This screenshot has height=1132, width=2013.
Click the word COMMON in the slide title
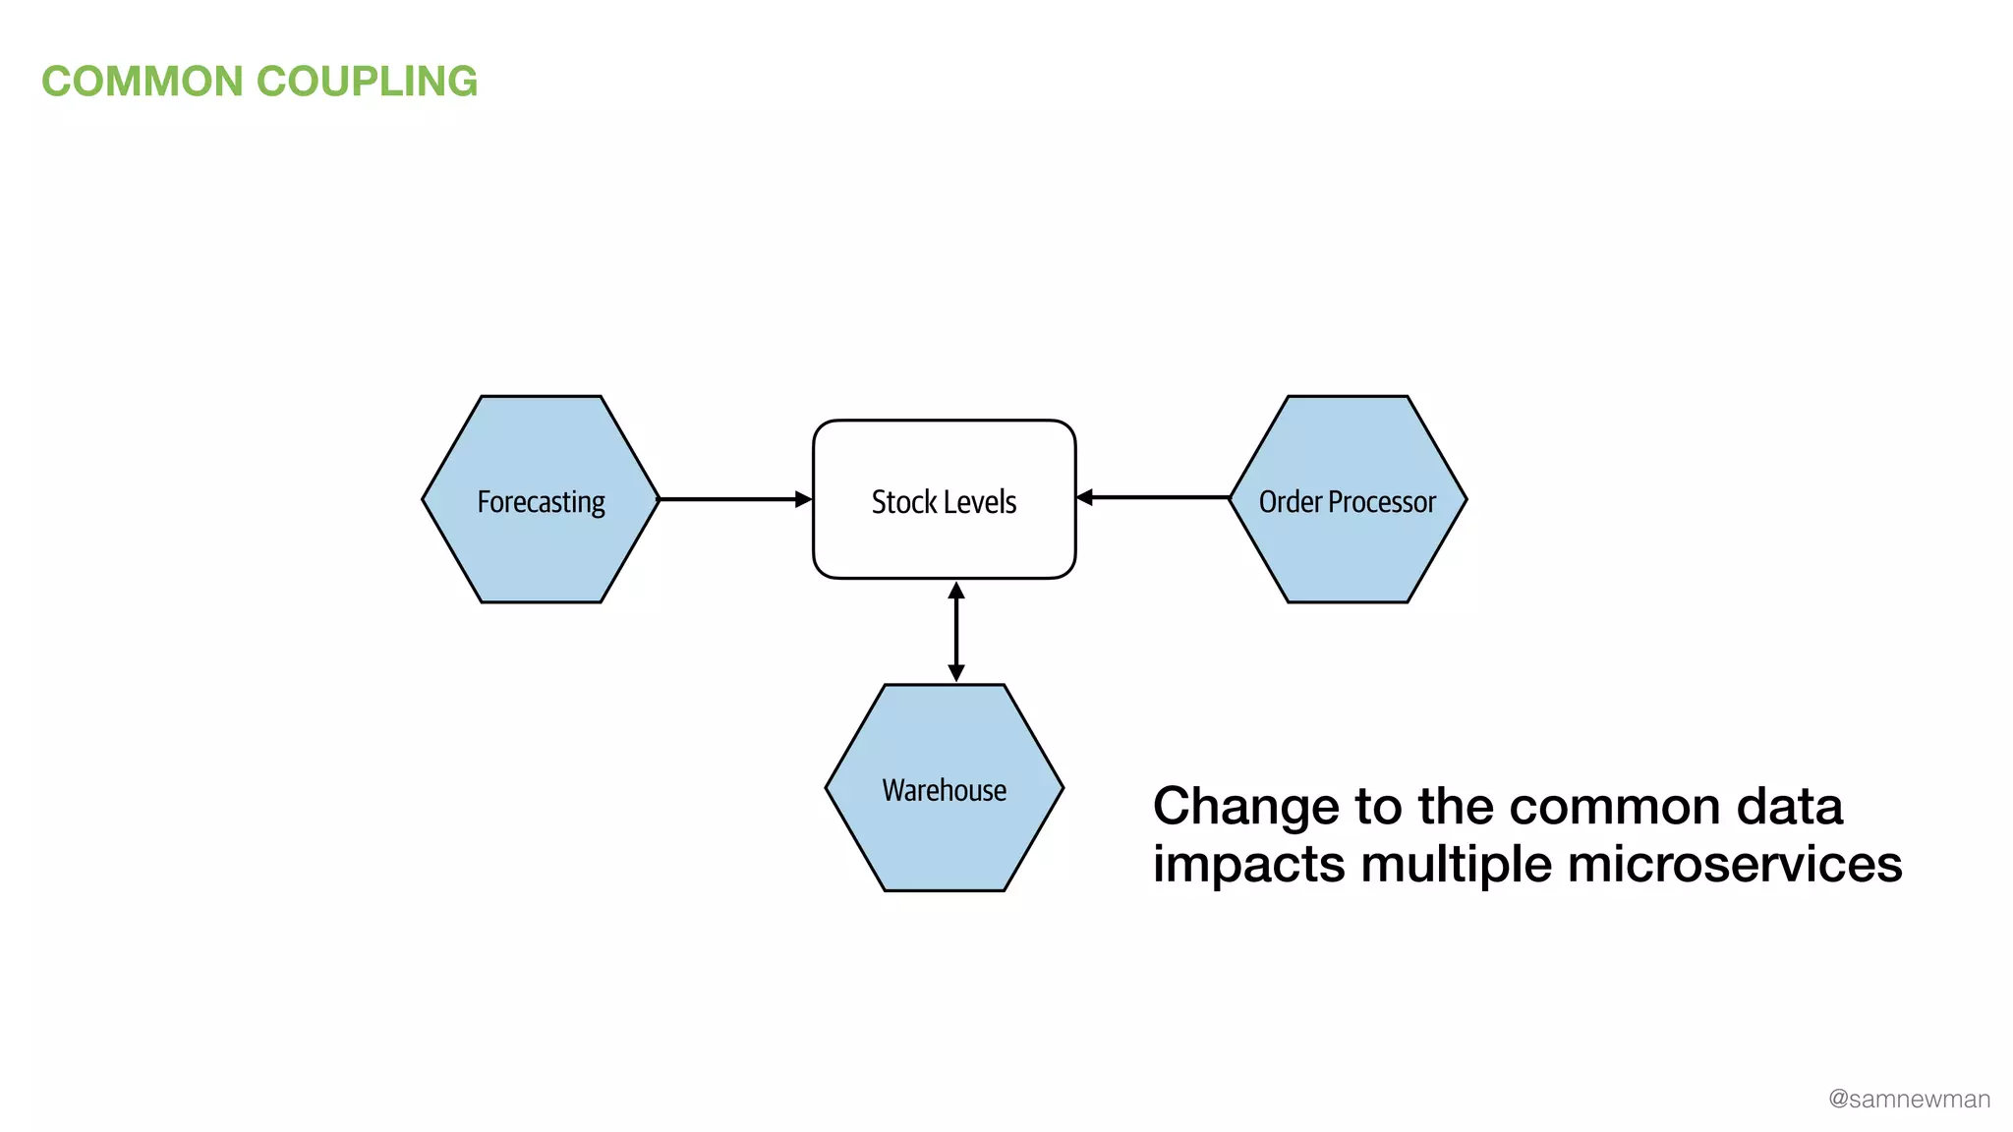[x=143, y=82]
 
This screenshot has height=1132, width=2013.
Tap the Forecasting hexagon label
[x=541, y=502]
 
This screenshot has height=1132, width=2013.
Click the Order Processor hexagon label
[x=1347, y=502]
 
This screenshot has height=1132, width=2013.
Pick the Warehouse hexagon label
[x=944, y=790]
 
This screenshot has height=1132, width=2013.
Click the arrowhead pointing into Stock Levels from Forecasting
[x=804, y=499]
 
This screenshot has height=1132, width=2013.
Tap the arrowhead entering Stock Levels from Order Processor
[x=1085, y=497]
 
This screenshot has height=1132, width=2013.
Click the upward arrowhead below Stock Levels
[x=955, y=591]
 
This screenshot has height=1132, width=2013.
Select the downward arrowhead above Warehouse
[x=955, y=673]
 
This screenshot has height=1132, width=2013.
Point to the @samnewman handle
[x=1909, y=1099]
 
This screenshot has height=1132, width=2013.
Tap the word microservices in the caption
[x=1735, y=865]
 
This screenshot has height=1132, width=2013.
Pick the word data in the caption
[x=1789, y=807]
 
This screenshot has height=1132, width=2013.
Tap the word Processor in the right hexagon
[x=1382, y=502]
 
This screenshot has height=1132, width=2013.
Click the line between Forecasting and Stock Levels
[x=727, y=499]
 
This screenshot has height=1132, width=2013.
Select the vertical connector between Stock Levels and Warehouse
[x=955, y=632]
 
